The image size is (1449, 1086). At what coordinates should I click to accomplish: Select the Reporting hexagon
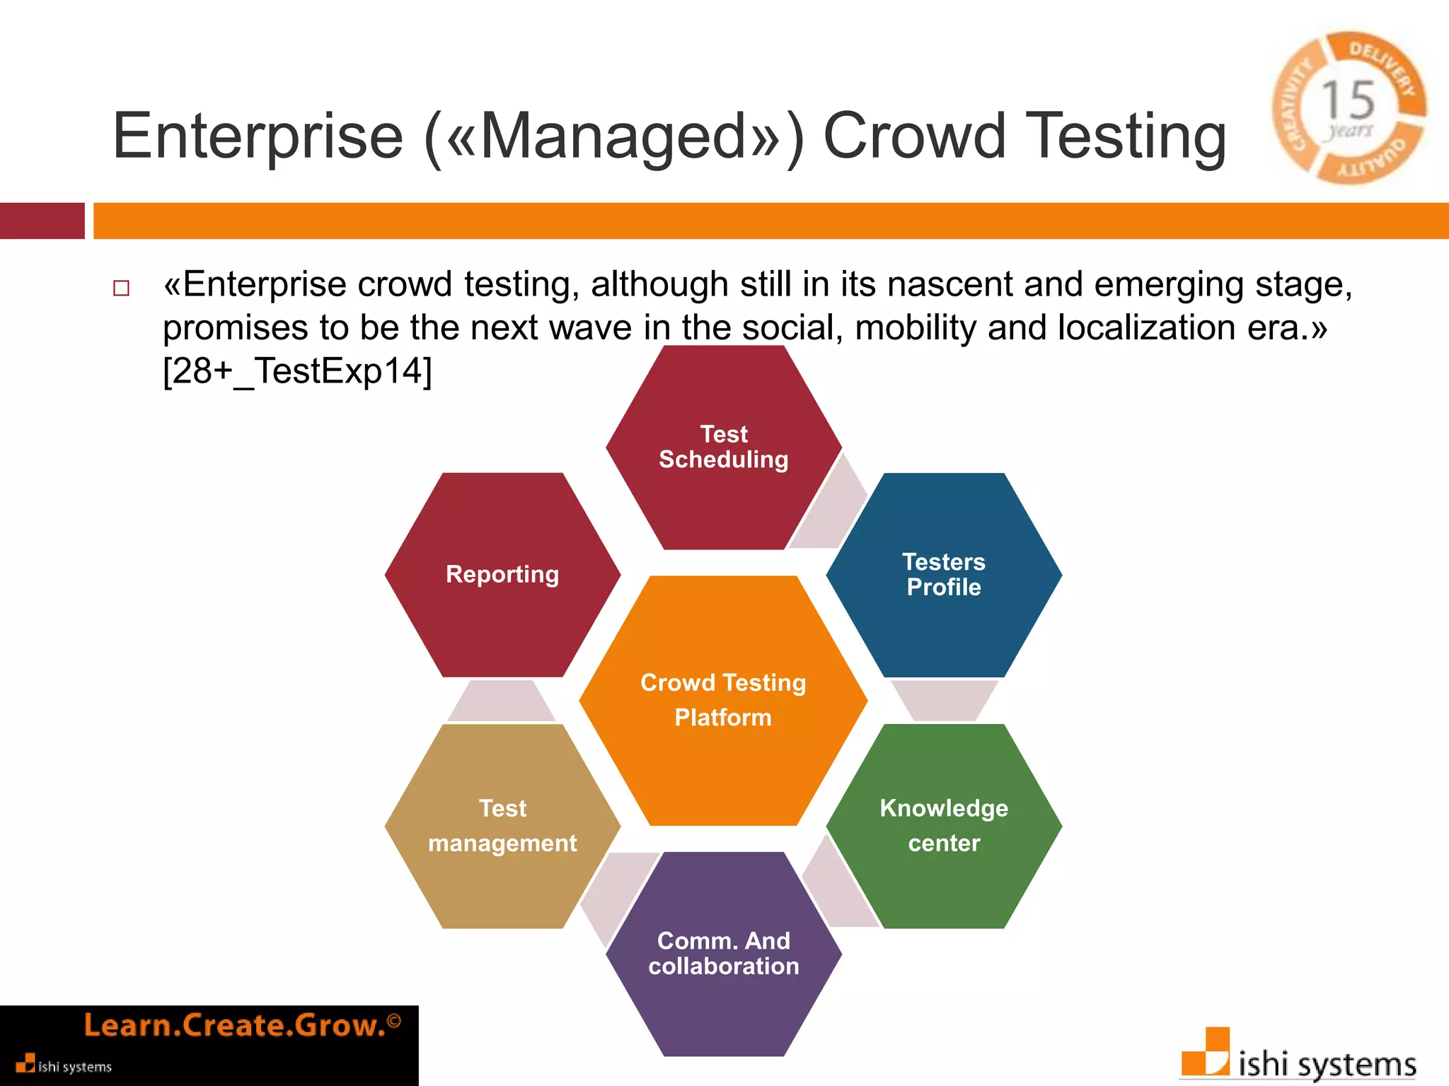click(502, 575)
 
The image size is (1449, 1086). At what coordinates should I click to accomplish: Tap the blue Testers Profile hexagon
click(944, 575)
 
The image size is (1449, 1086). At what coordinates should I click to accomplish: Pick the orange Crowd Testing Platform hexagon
click(723, 700)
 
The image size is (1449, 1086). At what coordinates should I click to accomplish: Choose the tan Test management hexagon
click(502, 826)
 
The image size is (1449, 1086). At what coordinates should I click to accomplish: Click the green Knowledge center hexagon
click(944, 826)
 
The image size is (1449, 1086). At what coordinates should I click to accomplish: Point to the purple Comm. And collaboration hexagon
click(723, 954)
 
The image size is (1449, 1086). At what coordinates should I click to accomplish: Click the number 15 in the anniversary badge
click(1348, 100)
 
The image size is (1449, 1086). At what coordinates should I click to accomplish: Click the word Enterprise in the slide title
click(258, 136)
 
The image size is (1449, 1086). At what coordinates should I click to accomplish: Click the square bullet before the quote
click(122, 288)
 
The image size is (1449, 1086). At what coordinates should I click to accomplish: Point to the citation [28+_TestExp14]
click(297, 371)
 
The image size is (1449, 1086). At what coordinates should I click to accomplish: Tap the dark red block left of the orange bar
click(42, 221)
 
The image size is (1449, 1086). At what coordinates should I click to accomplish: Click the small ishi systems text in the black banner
click(74, 1067)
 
